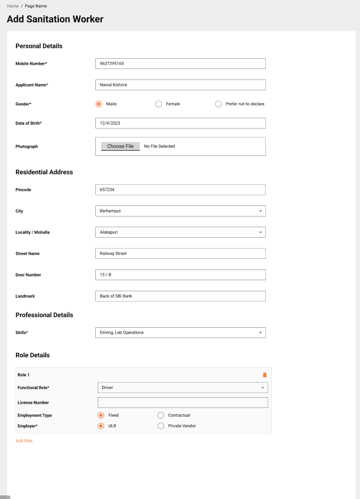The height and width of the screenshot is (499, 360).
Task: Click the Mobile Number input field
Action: (x=180, y=64)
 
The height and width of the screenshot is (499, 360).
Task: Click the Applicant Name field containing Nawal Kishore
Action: (x=180, y=85)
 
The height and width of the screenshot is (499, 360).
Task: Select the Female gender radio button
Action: (x=159, y=104)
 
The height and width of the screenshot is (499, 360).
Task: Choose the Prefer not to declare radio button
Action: (x=219, y=104)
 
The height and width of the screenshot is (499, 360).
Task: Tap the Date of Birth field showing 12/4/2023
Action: (x=180, y=123)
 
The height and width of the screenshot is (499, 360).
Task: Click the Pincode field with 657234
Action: (x=180, y=189)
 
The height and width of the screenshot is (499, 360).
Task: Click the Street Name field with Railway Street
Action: (x=180, y=254)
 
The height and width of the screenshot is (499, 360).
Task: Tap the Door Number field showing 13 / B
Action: (x=180, y=275)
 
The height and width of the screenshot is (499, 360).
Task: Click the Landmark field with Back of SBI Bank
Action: (x=180, y=296)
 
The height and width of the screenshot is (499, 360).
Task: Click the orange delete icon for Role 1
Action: (x=265, y=375)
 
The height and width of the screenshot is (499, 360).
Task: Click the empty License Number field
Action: (x=182, y=402)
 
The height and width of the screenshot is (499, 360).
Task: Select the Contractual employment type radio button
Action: (x=161, y=415)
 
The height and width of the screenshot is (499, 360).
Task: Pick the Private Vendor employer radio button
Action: (x=161, y=426)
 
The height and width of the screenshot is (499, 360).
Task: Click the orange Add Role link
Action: (x=24, y=441)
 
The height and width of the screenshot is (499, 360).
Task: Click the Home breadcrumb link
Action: (x=12, y=6)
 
